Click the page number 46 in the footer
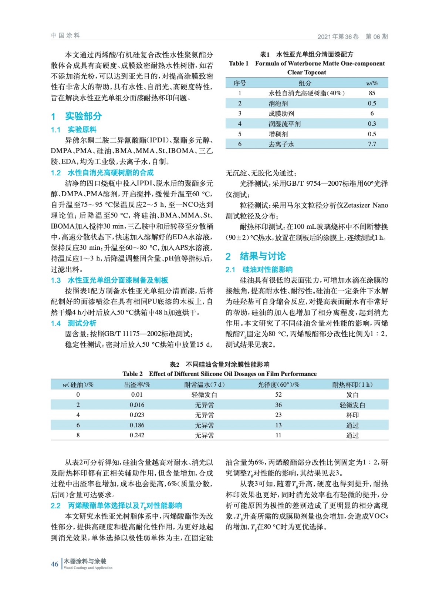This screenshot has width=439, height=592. click(54, 564)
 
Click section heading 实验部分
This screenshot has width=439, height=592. click(83, 116)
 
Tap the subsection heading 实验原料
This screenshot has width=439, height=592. click(82, 129)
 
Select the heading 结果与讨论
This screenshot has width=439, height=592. click(263, 256)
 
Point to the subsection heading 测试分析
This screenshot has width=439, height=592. click(82, 323)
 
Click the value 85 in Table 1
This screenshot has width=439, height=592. click(372, 93)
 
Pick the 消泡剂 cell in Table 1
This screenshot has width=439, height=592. click(278, 104)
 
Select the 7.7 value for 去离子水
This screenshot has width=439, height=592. click(372, 144)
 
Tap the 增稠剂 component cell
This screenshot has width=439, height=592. click(278, 134)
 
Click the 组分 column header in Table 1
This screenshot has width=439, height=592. click(305, 83)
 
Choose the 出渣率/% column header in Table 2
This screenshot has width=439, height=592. click(137, 385)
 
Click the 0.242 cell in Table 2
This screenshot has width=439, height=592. click(137, 435)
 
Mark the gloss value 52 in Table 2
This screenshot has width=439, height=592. click(278, 395)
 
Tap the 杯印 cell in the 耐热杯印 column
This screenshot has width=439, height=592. click(352, 415)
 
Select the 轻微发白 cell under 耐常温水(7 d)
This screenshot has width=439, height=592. click(204, 395)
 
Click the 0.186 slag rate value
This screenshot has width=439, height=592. click(137, 425)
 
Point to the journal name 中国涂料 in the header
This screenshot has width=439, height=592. click(65, 36)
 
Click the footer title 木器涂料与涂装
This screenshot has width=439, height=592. click(85, 561)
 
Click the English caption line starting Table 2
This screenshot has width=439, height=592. click(219, 374)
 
